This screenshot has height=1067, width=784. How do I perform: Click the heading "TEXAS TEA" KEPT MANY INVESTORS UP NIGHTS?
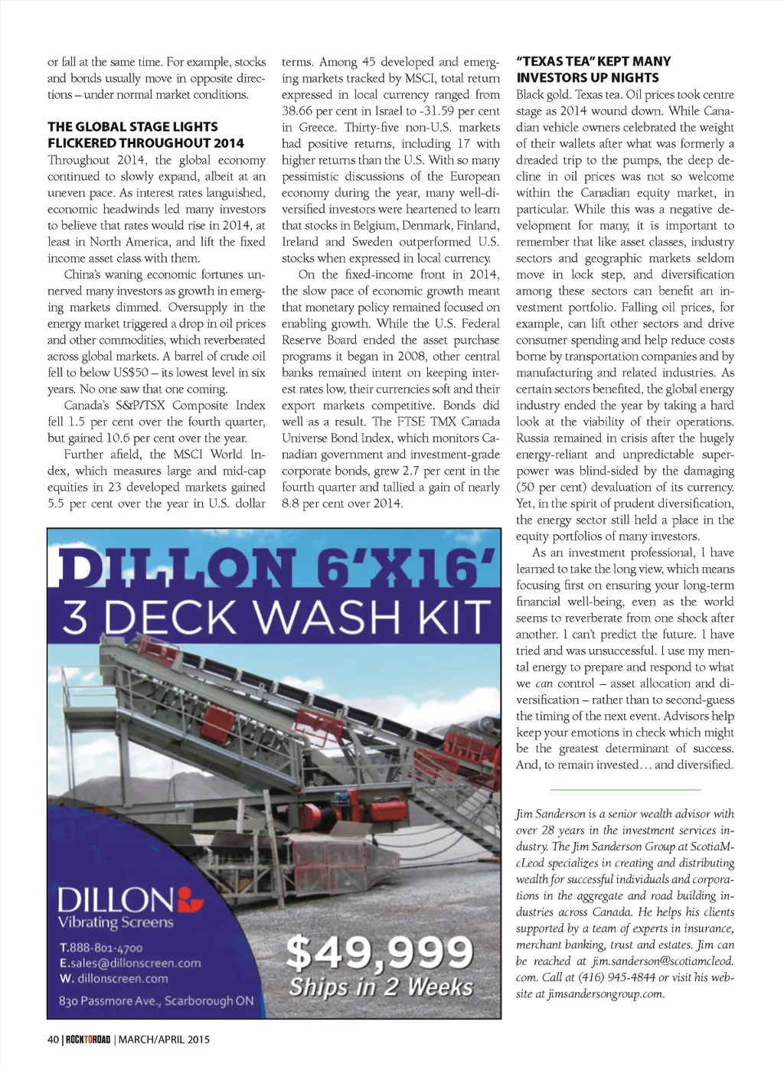click(593, 69)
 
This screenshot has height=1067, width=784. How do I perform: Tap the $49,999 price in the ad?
click(380, 954)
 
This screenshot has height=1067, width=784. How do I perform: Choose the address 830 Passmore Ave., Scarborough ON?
click(156, 1000)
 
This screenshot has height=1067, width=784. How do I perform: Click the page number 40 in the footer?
click(53, 1039)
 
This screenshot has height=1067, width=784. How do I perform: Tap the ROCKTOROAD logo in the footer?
click(88, 1039)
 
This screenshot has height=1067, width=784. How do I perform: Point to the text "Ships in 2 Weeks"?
click(381, 987)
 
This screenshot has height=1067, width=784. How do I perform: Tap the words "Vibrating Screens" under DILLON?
click(116, 922)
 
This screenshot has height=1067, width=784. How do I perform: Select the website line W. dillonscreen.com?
click(113, 978)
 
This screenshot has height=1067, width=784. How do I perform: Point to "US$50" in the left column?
click(133, 373)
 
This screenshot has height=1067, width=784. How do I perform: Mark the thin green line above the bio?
click(625, 789)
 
